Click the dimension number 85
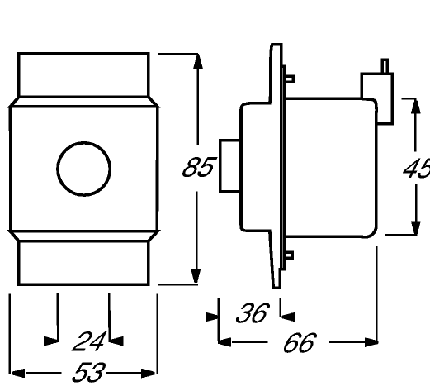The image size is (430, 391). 198,167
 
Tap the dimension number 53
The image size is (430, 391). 88,373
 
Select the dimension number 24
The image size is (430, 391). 89,341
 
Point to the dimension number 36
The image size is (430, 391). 252,312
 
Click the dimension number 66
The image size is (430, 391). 300,342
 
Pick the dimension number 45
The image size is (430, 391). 417,168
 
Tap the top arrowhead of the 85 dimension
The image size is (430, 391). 198,61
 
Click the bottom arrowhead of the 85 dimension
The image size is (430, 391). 196,276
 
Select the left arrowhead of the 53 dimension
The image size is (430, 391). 17,374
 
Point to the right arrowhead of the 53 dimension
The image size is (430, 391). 149,374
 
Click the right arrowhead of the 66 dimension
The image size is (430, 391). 371,342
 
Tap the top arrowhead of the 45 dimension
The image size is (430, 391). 416,106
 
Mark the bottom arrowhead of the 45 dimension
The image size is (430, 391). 416,228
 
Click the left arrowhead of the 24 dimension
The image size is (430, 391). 51,341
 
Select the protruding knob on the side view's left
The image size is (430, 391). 229,166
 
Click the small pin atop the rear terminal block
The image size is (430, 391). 385,66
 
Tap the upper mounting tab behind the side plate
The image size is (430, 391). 290,79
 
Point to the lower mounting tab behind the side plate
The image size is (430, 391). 290,255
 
